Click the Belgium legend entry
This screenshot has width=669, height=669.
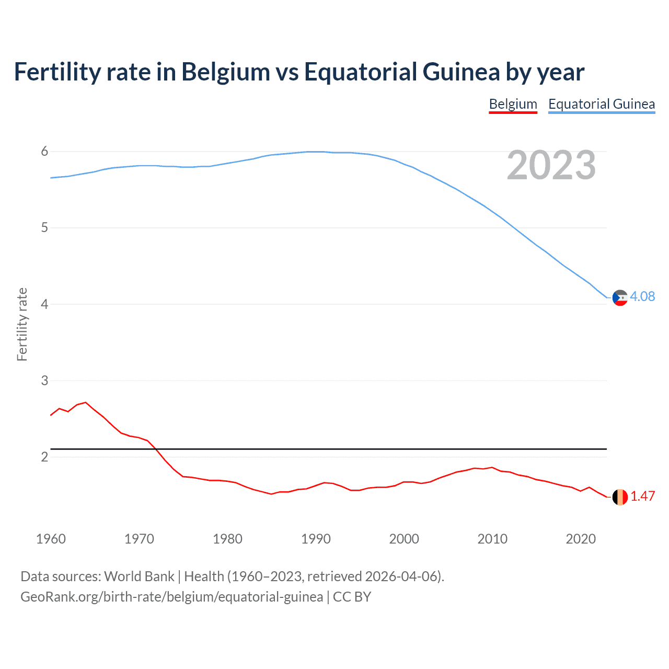coord(513,104)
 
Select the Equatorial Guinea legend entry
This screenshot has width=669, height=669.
coord(601,104)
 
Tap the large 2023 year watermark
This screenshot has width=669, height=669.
coord(551,165)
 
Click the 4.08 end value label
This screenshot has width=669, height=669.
coord(642,296)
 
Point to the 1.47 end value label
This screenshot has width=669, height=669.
coord(642,496)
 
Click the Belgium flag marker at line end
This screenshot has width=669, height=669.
coord(620,497)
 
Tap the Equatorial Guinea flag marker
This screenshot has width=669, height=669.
coord(620,298)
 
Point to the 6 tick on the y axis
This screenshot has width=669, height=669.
coord(44,152)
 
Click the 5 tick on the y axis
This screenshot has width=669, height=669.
coord(44,228)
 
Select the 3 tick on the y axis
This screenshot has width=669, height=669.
coord(44,380)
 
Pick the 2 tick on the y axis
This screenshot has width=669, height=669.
coord(44,457)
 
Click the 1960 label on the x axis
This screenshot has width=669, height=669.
coord(51,539)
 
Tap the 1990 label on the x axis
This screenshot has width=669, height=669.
coord(316,539)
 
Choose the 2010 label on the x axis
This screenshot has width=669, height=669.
coord(492,539)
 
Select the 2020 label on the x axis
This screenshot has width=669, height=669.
coord(581,539)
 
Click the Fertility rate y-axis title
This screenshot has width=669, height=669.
coord(22,324)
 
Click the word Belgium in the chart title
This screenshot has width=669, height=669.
coord(225,72)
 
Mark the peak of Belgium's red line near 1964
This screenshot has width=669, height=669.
coord(86,402)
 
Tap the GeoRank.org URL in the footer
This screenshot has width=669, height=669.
coord(171,597)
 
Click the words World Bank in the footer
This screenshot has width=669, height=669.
coord(139,576)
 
